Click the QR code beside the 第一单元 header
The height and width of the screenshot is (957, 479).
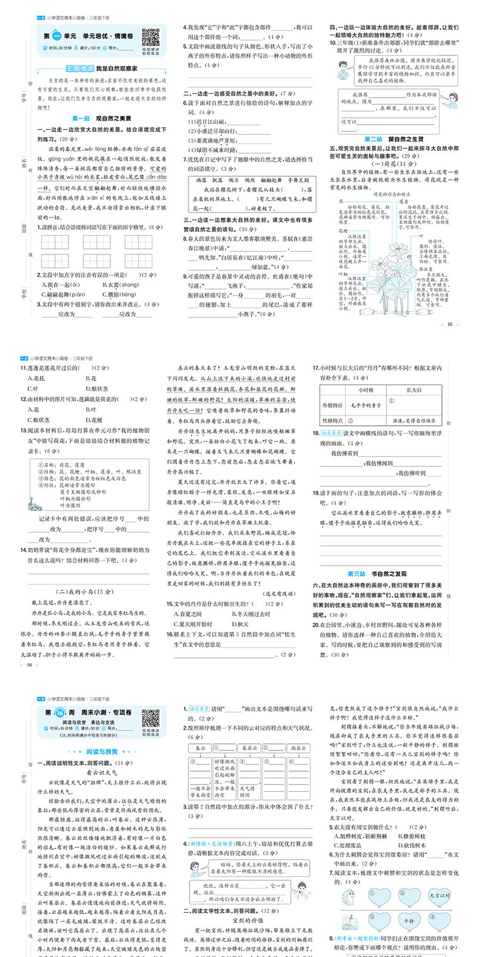(150, 38)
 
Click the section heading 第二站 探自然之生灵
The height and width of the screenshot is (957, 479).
(394, 139)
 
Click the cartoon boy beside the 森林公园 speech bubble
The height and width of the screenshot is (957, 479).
(343, 68)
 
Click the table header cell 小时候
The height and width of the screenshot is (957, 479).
(366, 390)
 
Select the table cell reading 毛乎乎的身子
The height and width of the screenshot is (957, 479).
(365, 405)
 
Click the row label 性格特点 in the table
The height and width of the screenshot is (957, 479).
(333, 420)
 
